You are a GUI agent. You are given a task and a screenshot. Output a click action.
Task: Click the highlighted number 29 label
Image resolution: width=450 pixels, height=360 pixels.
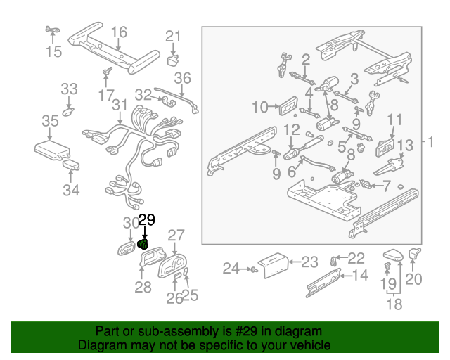pos(146,221)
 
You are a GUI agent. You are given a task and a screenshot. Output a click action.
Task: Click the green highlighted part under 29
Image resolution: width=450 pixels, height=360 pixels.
pos(143,245)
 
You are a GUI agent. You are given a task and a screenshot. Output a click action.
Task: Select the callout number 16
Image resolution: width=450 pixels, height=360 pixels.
pos(119,32)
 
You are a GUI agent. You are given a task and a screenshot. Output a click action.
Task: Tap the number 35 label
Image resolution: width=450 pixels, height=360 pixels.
pos(50,122)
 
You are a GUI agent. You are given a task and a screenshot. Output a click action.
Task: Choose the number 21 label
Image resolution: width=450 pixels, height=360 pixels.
pos(173,37)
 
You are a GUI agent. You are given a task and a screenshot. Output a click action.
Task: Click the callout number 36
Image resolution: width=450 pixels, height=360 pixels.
pos(182,78)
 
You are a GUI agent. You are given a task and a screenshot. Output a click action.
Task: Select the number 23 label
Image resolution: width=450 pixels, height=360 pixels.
pos(309,262)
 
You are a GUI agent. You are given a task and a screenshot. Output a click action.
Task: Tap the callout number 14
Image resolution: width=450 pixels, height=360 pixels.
pos(359,275)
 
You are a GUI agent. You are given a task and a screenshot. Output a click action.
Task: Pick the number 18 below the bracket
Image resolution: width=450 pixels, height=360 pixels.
pos(394,304)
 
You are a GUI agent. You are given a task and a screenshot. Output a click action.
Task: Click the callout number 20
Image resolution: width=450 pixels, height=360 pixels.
pos(413,279)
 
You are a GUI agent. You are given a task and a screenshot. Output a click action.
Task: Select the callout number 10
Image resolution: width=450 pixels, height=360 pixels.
pos(259,108)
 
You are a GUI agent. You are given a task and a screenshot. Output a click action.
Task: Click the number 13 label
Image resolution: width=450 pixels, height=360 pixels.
pos(406,146)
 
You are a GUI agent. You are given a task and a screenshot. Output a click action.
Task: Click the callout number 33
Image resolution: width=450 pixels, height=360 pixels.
pos(69,89)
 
